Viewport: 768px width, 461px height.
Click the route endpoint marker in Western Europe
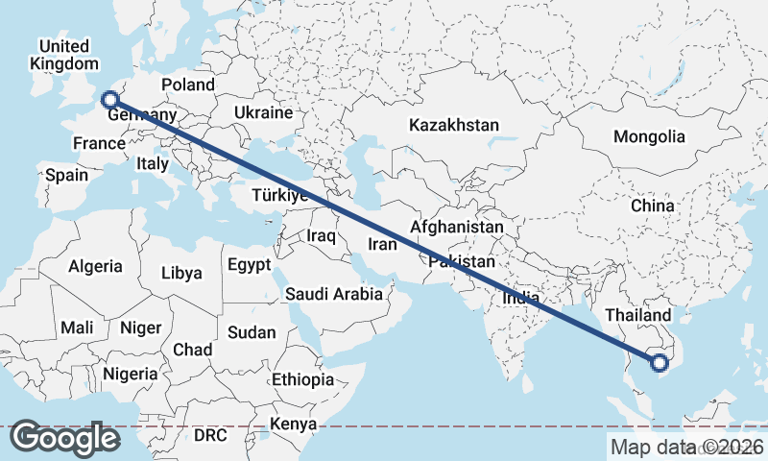(109, 99)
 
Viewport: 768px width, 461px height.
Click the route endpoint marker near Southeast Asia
(659, 363)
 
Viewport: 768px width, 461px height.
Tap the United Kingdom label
(64, 55)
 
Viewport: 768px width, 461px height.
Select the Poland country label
(188, 85)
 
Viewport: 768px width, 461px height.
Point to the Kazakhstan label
(454, 125)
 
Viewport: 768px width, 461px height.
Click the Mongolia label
(649, 136)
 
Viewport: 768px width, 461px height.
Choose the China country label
(653, 206)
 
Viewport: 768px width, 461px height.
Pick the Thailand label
(638, 315)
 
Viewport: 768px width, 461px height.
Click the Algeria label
(95, 266)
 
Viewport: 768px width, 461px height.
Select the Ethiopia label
(302, 379)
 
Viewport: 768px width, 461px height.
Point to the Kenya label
(293, 424)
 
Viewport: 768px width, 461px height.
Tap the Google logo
(65, 438)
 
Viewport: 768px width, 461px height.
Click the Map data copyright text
(687, 447)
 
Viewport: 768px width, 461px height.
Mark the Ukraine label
(263, 112)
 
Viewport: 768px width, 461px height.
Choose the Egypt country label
(250, 264)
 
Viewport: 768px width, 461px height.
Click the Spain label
(66, 176)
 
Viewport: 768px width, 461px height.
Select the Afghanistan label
(456, 228)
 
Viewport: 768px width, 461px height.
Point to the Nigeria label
(130, 373)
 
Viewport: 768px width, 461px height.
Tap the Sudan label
(252, 332)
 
